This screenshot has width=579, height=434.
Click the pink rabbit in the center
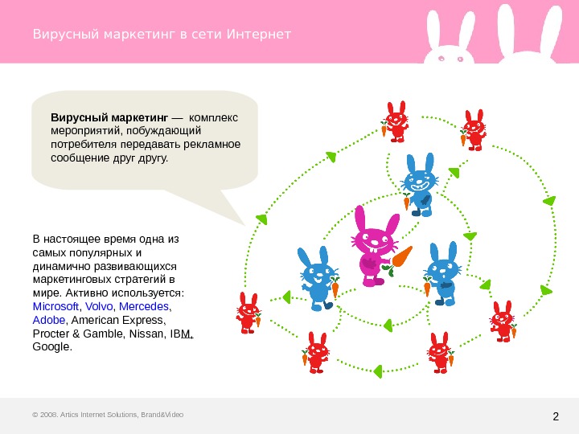coord(373,246)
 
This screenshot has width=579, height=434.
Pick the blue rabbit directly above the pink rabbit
coord(419,185)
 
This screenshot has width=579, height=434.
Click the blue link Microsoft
coord(55,307)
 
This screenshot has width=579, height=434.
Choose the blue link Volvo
coord(99,307)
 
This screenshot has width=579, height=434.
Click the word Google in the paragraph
coord(51,347)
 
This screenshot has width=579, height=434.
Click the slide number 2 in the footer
coord(556,416)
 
